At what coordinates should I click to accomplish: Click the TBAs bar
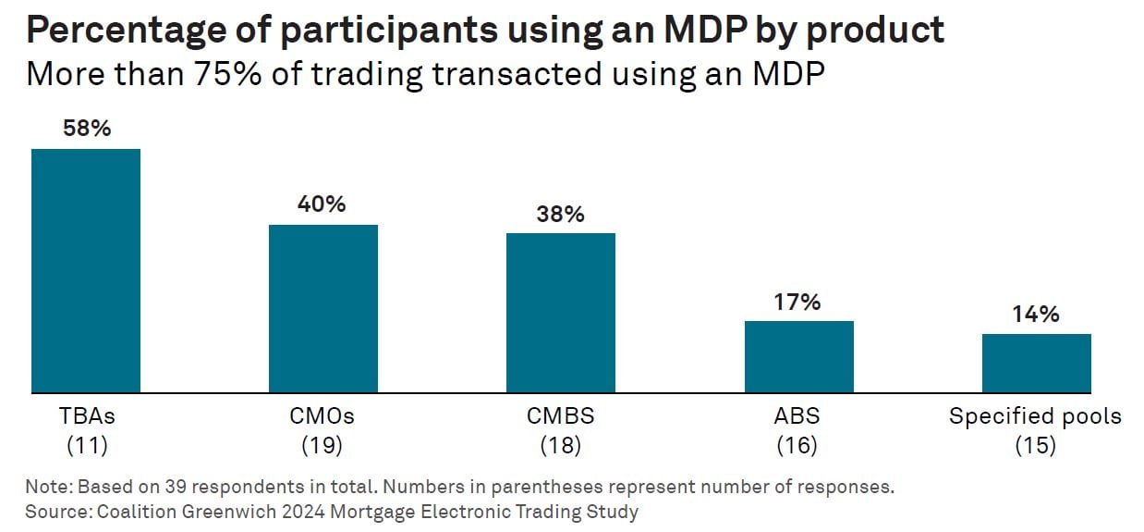pos(86,270)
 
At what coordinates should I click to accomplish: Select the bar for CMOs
pos(323,308)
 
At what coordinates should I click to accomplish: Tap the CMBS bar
pos(560,313)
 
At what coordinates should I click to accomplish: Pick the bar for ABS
pos(798,356)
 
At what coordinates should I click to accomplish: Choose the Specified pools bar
pos(1036,363)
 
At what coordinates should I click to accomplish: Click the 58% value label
pos(87,129)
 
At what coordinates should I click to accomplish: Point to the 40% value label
pos(323,204)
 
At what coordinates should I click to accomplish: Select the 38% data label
pos(560,214)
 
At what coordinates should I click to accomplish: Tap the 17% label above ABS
pos(798,302)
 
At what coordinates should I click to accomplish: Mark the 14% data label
pos(1036,315)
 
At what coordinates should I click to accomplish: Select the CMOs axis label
pos(323,416)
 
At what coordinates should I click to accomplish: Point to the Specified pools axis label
pos(1035,416)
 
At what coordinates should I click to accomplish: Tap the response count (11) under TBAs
pos(87,445)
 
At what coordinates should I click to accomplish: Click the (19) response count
pos(323,445)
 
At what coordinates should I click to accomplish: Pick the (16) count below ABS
pos(797,445)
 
